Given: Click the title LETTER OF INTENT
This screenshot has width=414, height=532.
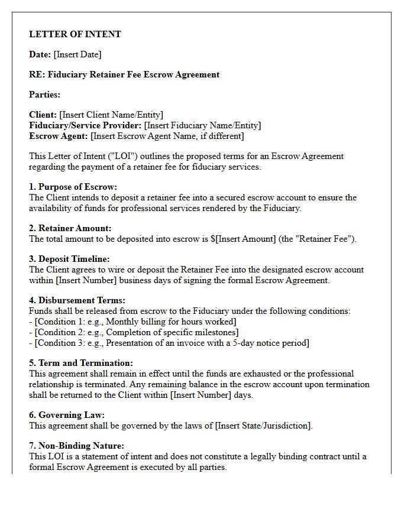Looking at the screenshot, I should (x=75, y=34).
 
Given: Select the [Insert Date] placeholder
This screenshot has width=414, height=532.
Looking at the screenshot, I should (x=77, y=54).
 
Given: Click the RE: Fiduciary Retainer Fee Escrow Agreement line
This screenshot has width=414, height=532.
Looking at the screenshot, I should (x=124, y=74).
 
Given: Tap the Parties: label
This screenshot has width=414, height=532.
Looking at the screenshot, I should (x=45, y=95).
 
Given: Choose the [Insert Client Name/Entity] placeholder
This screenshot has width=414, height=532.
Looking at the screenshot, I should (x=111, y=115).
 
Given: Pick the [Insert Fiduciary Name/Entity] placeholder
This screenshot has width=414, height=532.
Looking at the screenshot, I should (x=203, y=125).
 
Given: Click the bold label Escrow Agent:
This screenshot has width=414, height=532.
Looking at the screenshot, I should (x=59, y=136).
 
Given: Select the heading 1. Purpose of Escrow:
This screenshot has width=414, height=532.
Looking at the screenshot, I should (x=73, y=187).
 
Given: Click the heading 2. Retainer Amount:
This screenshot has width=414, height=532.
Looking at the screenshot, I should (x=70, y=228).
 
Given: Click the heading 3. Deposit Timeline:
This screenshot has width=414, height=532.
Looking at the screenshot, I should (x=70, y=259).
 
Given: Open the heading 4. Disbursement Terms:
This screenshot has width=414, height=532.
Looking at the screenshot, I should (x=77, y=300).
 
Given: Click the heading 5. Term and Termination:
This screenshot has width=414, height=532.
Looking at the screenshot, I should (x=81, y=363).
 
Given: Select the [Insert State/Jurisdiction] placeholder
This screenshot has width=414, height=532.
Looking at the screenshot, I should (x=263, y=426).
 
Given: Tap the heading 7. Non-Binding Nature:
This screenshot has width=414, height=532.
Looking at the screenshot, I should (x=77, y=446).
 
